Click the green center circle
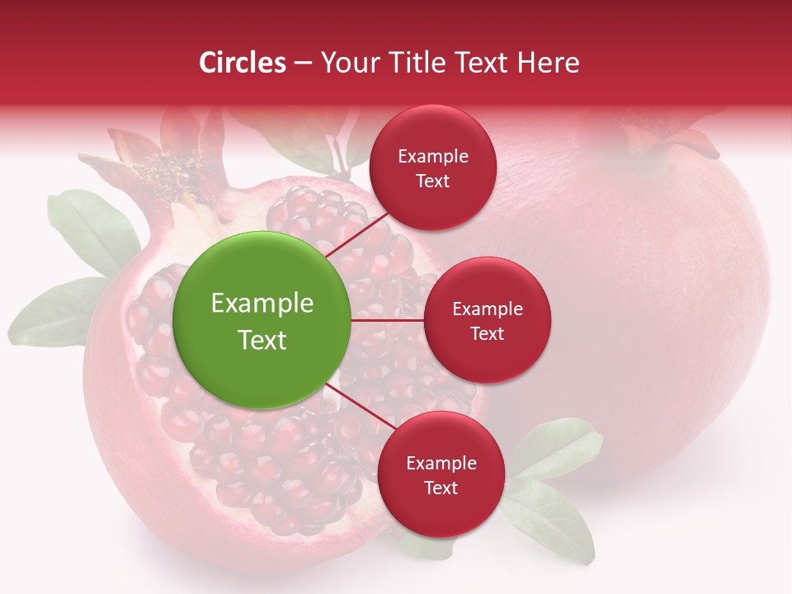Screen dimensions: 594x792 click(x=262, y=320)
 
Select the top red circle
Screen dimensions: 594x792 click(x=432, y=167)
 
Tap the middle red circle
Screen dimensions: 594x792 click(x=487, y=320)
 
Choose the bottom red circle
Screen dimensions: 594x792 click(x=441, y=474)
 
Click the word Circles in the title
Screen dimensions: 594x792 click(x=243, y=63)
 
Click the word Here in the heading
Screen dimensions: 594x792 click(x=548, y=63)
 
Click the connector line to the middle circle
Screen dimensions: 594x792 click(x=388, y=320)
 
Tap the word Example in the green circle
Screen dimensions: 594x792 click(x=262, y=304)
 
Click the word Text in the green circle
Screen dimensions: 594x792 click(x=262, y=340)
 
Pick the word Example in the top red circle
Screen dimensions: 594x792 click(x=433, y=156)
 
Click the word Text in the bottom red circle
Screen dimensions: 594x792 click(x=441, y=488)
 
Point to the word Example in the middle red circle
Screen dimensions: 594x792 click(x=488, y=309)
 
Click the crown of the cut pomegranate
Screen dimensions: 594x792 click(x=157, y=165)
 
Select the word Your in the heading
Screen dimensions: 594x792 click(x=347, y=63)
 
